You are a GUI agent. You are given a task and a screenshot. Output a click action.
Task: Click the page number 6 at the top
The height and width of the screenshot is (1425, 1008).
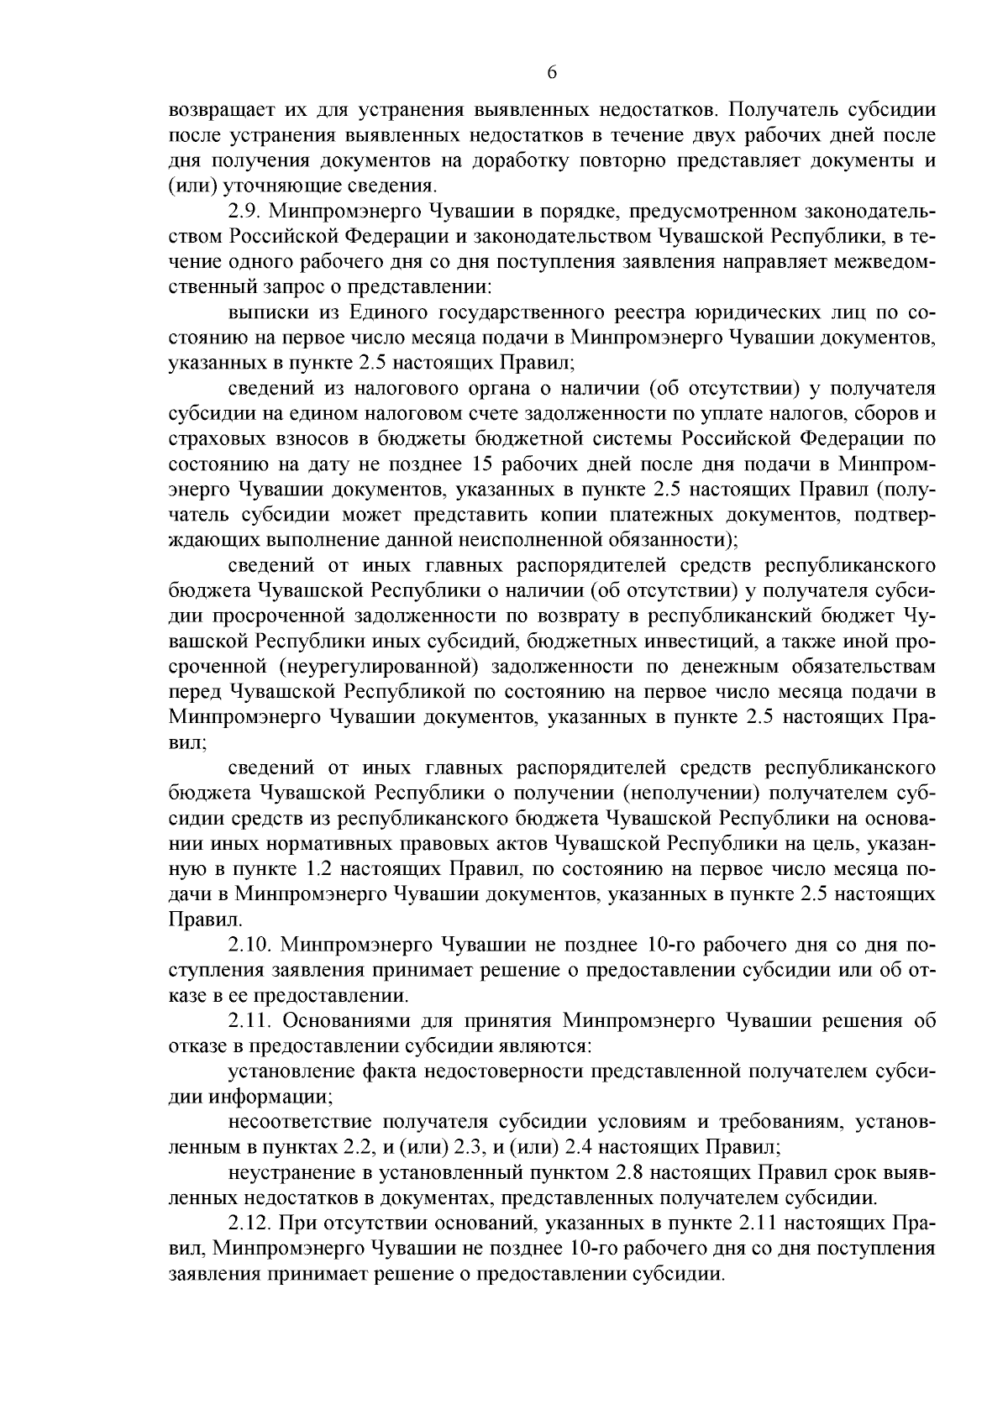click(x=552, y=72)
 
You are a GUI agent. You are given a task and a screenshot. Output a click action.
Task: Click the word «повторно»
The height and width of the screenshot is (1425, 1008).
click(x=629, y=160)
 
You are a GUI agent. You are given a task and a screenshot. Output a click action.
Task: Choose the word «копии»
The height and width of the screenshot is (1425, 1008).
click(x=574, y=514)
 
